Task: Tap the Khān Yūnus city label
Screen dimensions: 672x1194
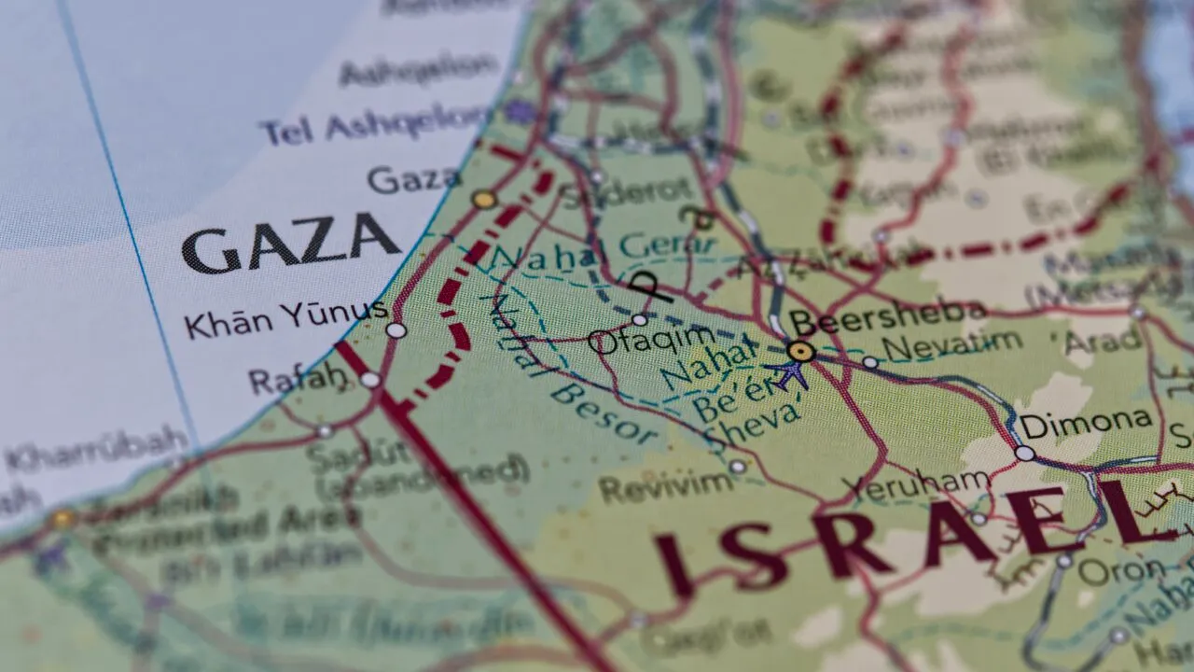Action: click(285, 319)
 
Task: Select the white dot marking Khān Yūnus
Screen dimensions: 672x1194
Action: click(396, 330)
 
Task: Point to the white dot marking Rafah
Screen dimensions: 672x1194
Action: click(370, 380)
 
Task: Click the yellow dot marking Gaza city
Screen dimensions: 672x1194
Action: click(483, 199)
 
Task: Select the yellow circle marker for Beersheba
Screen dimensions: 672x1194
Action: click(800, 352)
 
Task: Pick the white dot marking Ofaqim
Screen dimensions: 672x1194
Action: click(639, 320)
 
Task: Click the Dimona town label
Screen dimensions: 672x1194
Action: click(1085, 423)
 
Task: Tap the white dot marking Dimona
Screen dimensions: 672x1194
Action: click(1024, 454)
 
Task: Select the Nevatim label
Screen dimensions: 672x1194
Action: click(951, 345)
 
